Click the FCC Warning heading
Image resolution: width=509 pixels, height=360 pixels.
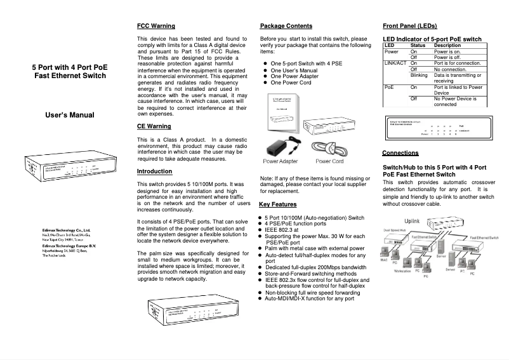156,26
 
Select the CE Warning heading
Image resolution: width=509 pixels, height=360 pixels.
154,126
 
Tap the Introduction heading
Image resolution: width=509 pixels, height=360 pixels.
154,171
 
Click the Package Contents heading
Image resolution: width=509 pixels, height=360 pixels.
286,26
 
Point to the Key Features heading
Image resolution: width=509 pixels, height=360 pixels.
278,204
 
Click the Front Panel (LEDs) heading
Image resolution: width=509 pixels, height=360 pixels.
410,26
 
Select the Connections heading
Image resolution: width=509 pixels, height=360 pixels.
400,153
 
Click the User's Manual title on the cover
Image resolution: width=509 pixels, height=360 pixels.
70,115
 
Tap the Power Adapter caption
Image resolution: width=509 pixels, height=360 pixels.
280,161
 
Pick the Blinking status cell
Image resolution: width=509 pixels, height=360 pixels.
420,75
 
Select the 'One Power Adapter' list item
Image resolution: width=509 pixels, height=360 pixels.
294,76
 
